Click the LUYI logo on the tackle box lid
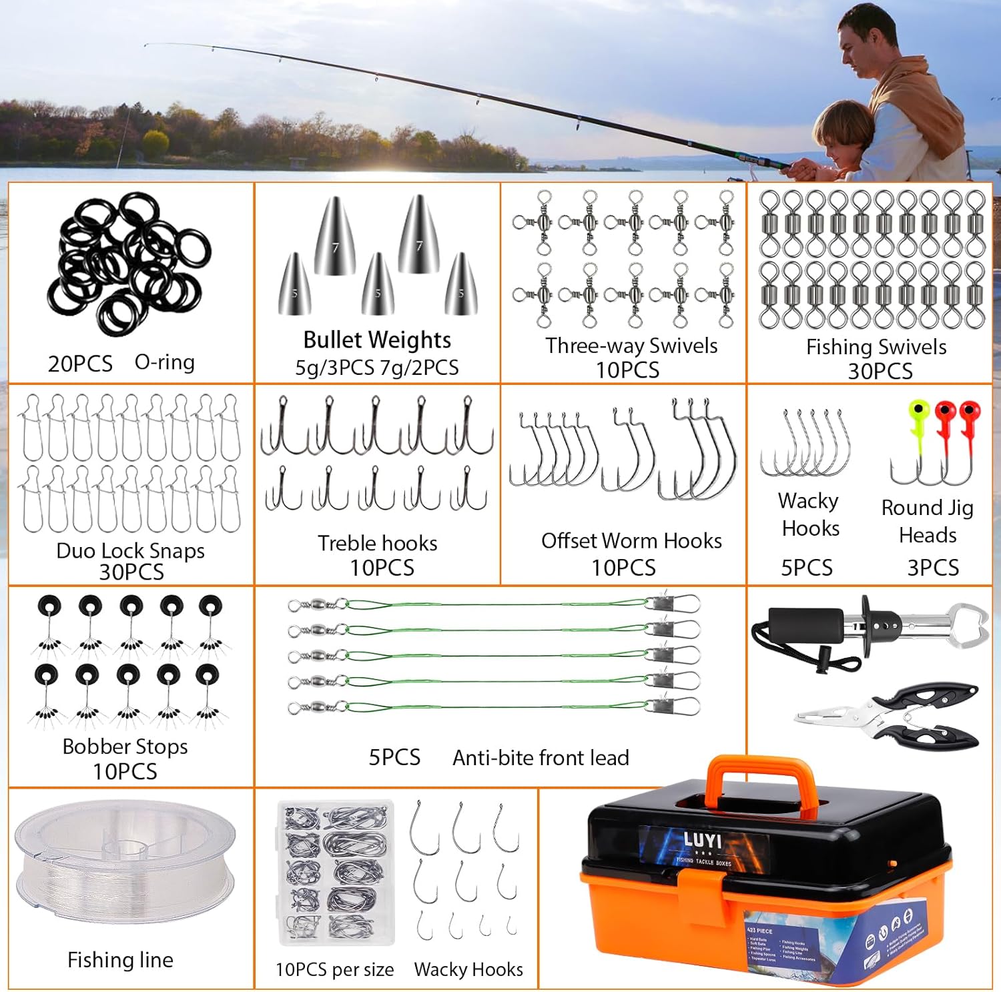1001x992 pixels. click(x=702, y=839)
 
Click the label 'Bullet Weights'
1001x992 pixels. click(x=377, y=340)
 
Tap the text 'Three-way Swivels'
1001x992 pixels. click(x=631, y=346)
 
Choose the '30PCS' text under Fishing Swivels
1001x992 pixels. click(x=880, y=371)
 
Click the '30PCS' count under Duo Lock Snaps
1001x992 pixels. click(x=131, y=572)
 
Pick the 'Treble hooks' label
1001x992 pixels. click(x=377, y=543)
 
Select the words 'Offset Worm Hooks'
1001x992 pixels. click(x=631, y=540)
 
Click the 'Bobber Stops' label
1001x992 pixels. click(x=125, y=747)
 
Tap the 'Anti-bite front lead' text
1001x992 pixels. click(x=541, y=758)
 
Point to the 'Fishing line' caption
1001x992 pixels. click(x=120, y=960)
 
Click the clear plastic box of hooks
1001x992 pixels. click(x=336, y=873)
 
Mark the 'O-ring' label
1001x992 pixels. click(x=164, y=362)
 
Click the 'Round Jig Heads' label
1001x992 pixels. click(x=928, y=521)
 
